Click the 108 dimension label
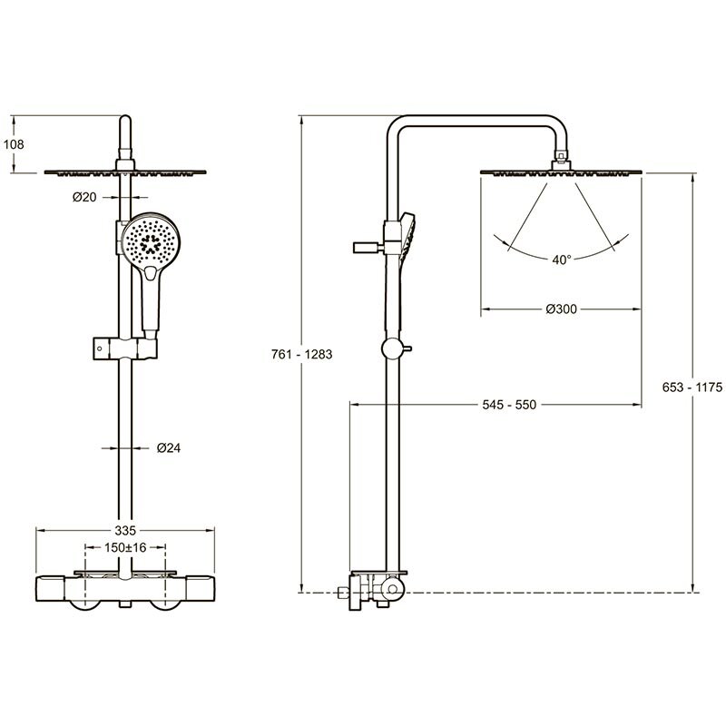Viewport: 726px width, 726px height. pyautogui.click(x=14, y=144)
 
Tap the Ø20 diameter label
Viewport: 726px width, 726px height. pyautogui.click(x=84, y=197)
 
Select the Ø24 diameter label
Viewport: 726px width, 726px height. pyautogui.click(x=169, y=447)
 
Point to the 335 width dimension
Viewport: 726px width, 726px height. pyautogui.click(x=125, y=530)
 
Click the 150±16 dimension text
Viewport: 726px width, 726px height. pyautogui.click(x=125, y=548)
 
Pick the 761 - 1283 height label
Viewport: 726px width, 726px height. pyautogui.click(x=302, y=354)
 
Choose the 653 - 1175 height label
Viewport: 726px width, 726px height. pyautogui.click(x=692, y=388)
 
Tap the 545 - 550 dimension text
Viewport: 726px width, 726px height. pyautogui.click(x=509, y=405)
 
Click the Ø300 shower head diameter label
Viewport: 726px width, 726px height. pyautogui.click(x=561, y=309)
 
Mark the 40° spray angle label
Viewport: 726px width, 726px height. pyautogui.click(x=561, y=260)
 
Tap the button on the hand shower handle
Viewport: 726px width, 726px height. pyautogui.click(x=152, y=274)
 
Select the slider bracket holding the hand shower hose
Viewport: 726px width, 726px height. pyautogui.click(x=125, y=348)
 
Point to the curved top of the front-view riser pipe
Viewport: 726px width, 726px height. pyautogui.click(x=125, y=122)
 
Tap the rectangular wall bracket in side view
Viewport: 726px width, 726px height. pyautogui.click(x=368, y=247)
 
